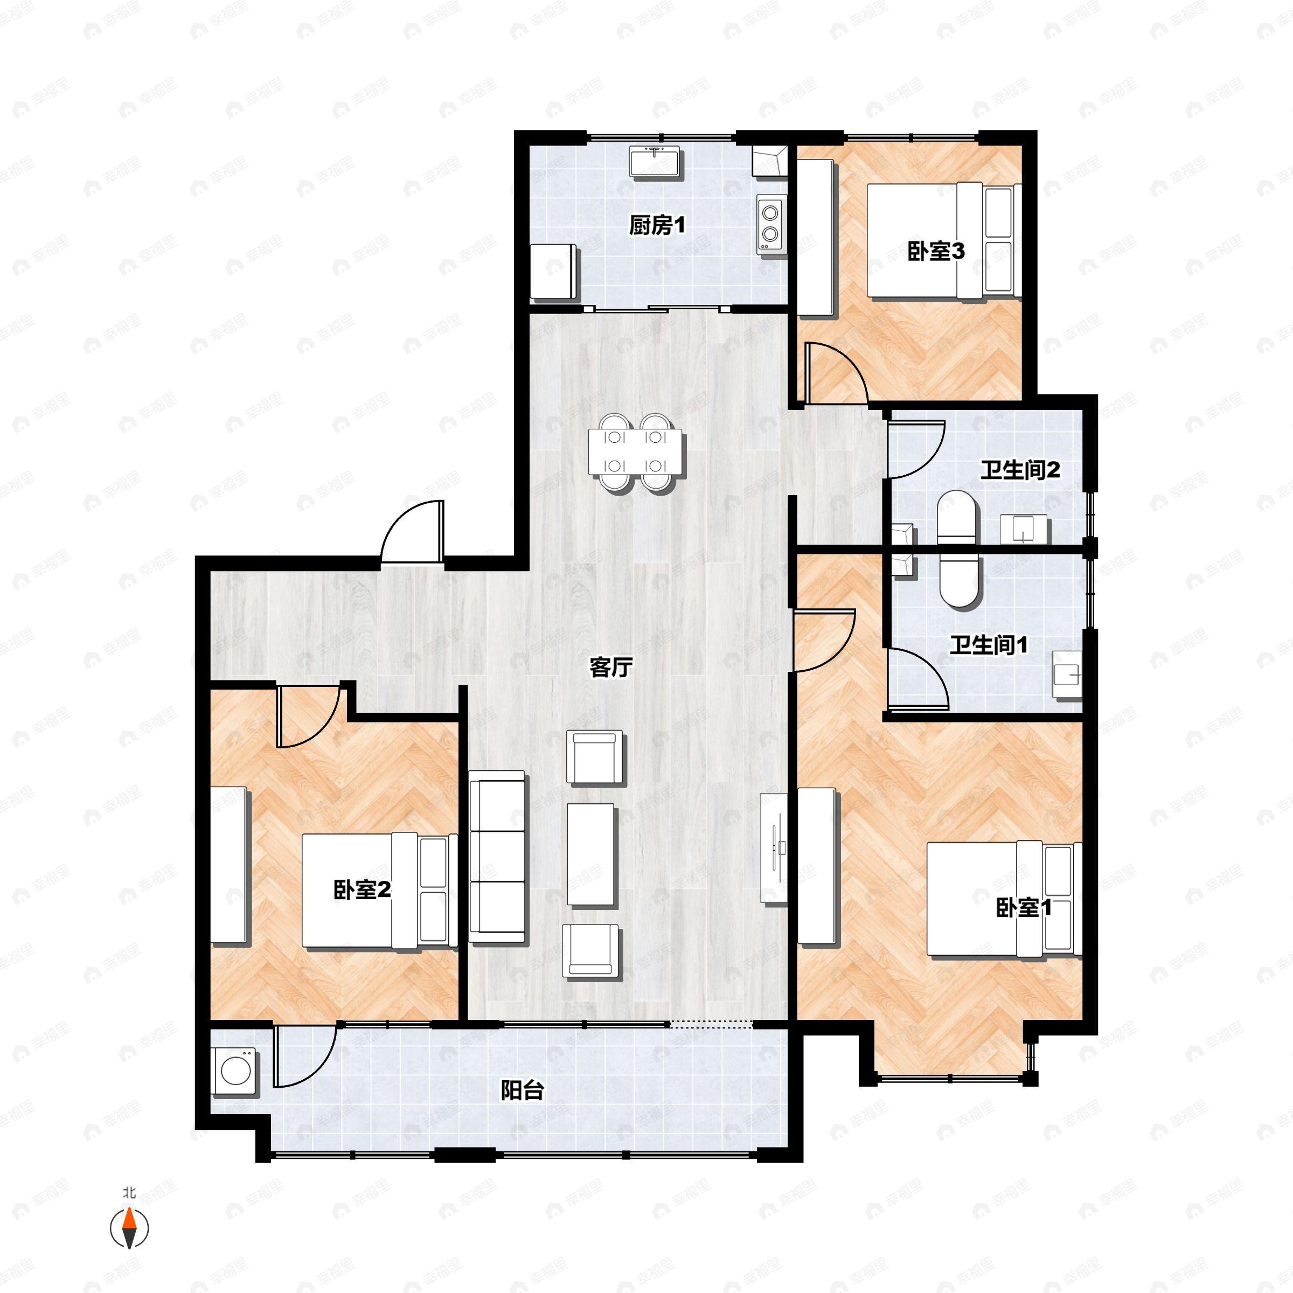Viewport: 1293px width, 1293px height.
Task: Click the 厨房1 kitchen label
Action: coord(657,226)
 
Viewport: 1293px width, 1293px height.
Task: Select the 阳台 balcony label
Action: coord(522,1091)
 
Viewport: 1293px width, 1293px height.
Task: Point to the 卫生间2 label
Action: coord(1020,470)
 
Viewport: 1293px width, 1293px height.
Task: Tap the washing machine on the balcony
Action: coord(235,1072)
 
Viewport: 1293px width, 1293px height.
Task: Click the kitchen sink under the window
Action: coord(655,162)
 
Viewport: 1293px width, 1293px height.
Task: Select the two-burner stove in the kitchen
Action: coord(771,224)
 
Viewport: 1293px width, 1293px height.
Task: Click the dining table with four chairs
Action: coord(636,453)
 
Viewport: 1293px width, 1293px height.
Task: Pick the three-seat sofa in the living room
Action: coord(497,857)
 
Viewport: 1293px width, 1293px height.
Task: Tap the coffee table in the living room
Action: coord(590,854)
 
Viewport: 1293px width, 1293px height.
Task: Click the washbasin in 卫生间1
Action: coord(1067,675)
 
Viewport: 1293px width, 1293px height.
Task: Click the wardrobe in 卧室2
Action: coord(229,865)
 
